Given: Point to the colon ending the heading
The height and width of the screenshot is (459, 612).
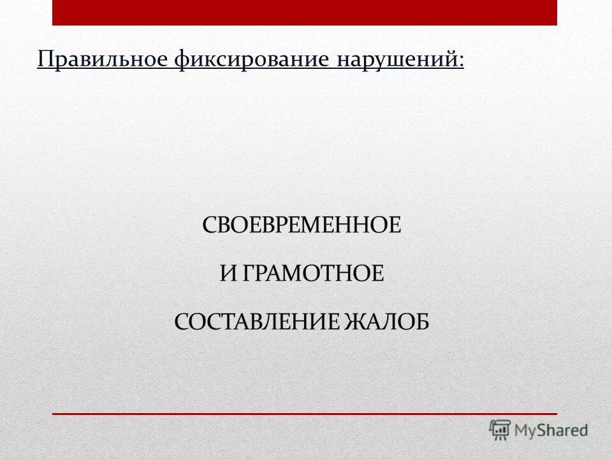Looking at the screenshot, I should coord(461,61).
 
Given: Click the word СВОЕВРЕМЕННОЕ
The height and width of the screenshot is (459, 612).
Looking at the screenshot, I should coord(302,226).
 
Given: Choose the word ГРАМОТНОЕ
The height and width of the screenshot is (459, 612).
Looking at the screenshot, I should coord(313,273).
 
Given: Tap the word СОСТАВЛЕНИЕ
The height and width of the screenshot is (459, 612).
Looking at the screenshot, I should coord(258,321).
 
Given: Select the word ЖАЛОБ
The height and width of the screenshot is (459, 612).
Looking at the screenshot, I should coord(389,321).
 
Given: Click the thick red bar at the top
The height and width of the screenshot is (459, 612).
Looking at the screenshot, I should coord(305,12).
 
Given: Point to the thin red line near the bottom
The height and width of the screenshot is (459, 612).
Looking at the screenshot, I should coord(305,414).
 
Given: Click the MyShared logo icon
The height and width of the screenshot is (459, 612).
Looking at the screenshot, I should coord(500,430).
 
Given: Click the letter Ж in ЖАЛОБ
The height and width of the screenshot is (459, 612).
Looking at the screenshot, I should coord(361,321).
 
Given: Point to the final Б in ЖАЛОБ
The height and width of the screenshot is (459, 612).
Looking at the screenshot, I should coord(421,321).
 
